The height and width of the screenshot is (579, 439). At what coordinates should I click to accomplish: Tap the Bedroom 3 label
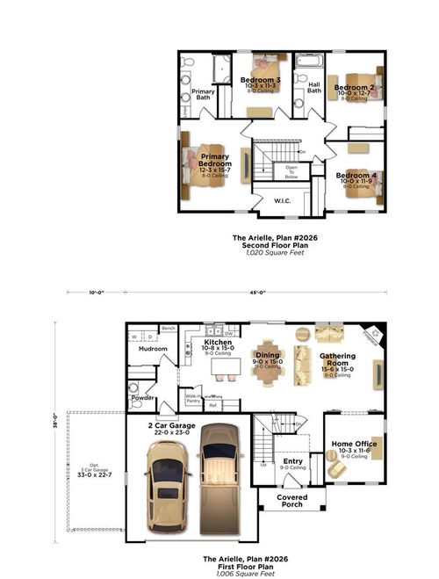261,81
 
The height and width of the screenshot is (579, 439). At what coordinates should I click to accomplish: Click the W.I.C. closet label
282,201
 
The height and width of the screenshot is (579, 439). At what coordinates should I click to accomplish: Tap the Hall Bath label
313,88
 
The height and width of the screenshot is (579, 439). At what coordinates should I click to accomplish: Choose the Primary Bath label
204,94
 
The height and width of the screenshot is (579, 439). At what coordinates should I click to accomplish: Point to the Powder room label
141,397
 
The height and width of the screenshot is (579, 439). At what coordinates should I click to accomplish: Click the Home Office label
354,444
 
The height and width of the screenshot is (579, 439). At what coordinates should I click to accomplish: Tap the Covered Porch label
291,500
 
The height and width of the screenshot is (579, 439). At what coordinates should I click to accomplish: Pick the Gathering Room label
337,361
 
